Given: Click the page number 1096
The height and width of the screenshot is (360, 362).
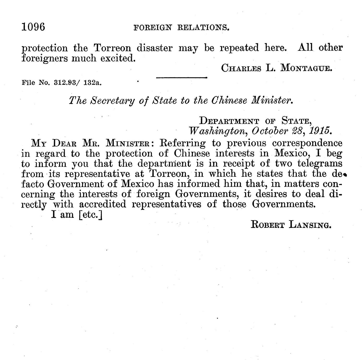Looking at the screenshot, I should (33, 27).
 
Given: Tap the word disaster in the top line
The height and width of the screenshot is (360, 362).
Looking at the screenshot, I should (155, 48).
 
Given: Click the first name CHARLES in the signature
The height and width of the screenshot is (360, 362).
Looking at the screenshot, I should (241, 68).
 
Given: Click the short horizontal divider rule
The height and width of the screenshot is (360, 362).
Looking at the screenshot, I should (181, 77).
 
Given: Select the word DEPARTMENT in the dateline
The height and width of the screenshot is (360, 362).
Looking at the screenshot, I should (229, 121).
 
